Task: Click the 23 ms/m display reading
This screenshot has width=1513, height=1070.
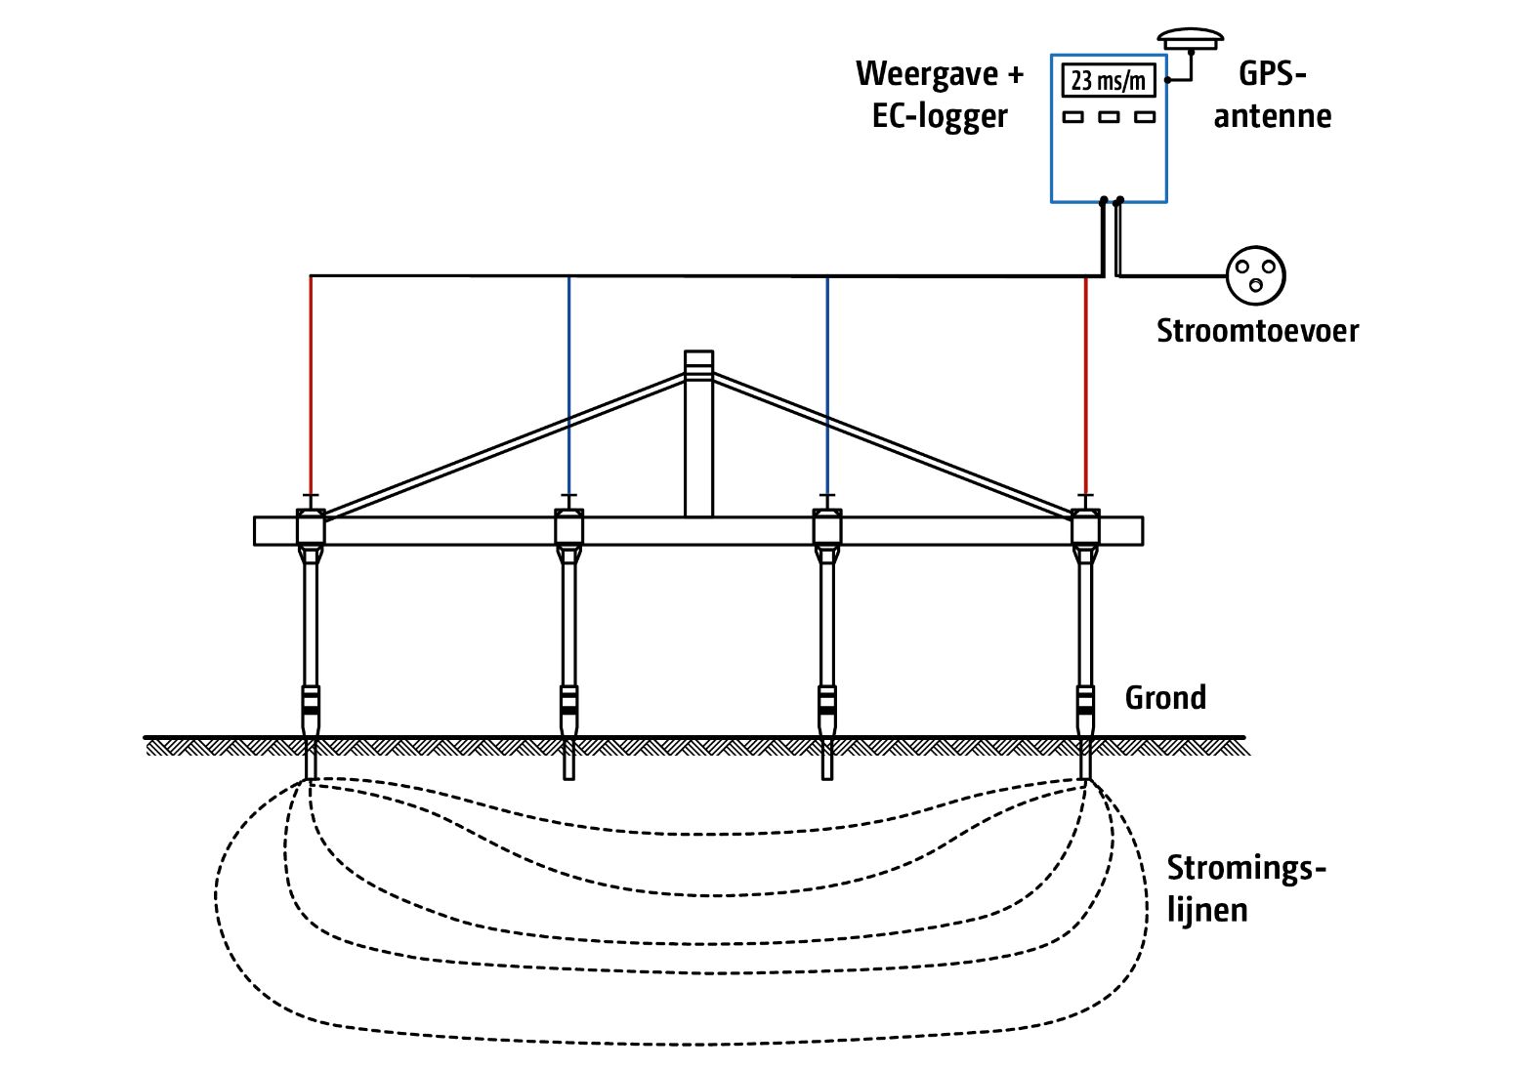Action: (x=1108, y=80)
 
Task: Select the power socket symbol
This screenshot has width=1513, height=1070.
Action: (x=1255, y=275)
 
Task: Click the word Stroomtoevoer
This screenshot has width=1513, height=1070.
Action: (x=1257, y=330)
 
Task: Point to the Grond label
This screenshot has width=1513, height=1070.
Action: (x=1165, y=697)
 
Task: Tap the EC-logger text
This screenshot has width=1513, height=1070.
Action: (x=940, y=116)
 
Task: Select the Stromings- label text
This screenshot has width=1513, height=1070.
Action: (x=1246, y=867)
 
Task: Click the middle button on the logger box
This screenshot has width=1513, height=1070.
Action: (x=1109, y=117)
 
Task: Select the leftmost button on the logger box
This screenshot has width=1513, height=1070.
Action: (x=1073, y=117)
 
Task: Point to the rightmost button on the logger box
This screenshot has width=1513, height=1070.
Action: (x=1145, y=117)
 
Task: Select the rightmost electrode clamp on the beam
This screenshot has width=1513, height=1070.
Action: (x=1086, y=527)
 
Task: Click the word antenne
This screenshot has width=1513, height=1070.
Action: (x=1272, y=116)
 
